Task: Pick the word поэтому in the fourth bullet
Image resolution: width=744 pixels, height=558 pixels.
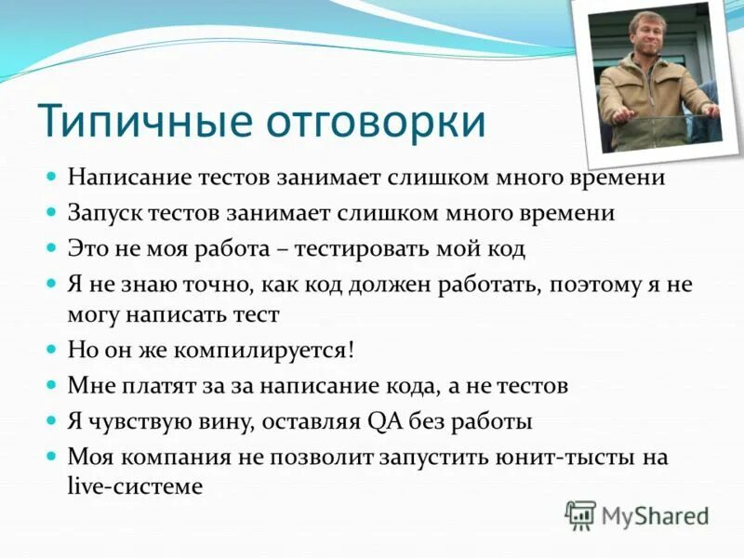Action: (592, 285)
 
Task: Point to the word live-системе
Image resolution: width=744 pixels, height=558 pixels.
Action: (134, 485)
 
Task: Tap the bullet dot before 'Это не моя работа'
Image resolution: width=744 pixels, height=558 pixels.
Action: (52, 248)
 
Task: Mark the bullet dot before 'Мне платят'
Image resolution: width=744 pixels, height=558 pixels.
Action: (52, 384)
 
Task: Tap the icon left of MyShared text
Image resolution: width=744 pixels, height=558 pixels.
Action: (580, 514)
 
